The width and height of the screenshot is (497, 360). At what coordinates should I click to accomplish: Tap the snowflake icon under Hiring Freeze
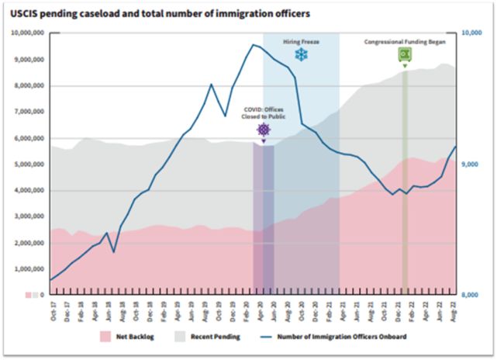[300, 55]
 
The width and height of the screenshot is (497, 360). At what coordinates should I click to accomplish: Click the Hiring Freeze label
[300, 40]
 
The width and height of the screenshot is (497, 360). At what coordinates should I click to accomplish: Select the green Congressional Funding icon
[405, 54]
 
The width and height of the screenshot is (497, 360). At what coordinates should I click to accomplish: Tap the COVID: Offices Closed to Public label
[264, 113]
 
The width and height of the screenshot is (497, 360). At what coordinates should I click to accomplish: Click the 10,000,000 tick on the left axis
[29, 33]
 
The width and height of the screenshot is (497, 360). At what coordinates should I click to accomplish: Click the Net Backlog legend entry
[130, 337]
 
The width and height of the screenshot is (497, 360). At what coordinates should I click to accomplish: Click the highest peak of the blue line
[253, 45]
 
